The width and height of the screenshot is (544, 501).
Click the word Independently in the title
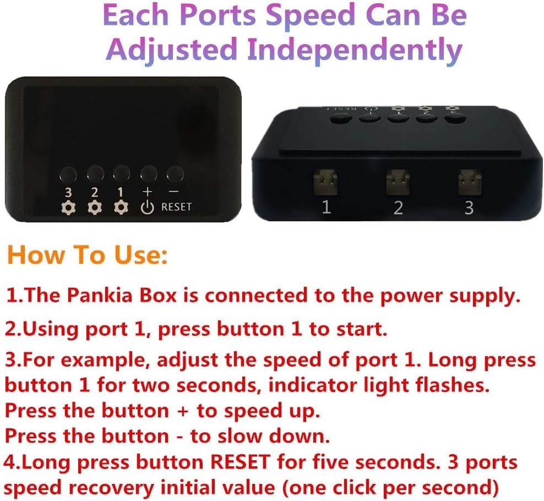pos(355,50)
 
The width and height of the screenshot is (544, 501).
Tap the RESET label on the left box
pos(176,207)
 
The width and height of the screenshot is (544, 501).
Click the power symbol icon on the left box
pos(148,207)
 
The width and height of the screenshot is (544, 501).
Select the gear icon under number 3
pos(68,208)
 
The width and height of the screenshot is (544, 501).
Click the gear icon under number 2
pos(94,208)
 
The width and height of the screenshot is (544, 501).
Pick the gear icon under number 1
pos(121,207)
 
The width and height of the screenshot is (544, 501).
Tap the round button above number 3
pos(68,173)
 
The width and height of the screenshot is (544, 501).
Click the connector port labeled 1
pos(325,181)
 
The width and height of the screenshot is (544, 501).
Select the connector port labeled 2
pos(398,181)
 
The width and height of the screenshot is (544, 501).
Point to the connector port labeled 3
pos(470,181)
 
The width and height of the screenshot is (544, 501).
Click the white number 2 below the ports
pos(398,208)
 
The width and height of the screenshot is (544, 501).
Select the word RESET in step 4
pos(240,462)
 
